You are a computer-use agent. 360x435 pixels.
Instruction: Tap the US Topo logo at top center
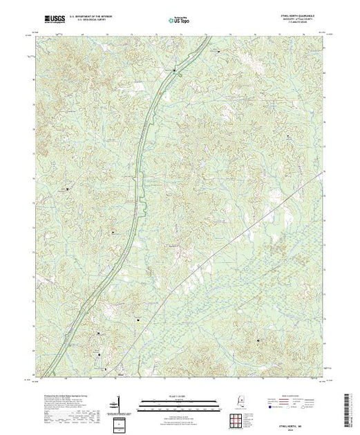[180, 20]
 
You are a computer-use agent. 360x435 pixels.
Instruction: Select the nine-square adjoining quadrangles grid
[239, 415]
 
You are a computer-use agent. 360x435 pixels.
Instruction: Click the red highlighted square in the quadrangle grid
[239, 415]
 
